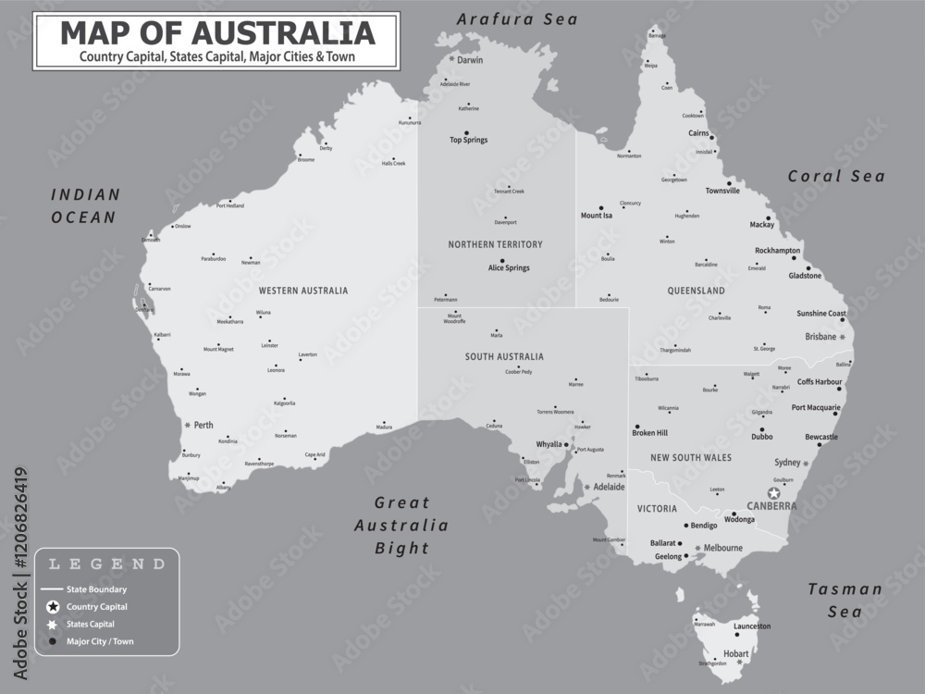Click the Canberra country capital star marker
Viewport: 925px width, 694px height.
click(x=773, y=493)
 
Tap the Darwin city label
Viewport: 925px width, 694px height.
click(x=470, y=60)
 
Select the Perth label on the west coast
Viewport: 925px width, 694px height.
click(x=203, y=426)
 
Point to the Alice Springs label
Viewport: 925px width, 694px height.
click(x=509, y=268)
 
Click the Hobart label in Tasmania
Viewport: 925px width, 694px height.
click(x=736, y=654)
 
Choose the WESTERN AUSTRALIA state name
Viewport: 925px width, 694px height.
click(x=303, y=291)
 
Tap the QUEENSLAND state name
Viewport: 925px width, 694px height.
click(x=696, y=291)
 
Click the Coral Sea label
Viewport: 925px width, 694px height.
click(x=836, y=177)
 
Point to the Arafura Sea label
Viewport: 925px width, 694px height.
click(x=517, y=19)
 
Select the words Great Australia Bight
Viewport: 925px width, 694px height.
click(x=402, y=525)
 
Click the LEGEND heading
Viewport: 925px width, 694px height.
click(x=106, y=564)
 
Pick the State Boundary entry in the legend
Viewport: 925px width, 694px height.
click(x=96, y=589)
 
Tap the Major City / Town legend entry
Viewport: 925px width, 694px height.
click(x=100, y=640)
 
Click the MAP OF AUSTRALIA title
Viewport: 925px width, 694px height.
click(x=217, y=33)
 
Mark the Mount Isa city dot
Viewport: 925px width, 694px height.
click(x=600, y=207)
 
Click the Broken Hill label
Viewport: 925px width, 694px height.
click(x=649, y=433)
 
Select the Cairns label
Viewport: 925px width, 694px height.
click(x=699, y=133)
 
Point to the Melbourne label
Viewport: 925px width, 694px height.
click(x=722, y=548)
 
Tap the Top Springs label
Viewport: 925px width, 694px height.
click(x=468, y=141)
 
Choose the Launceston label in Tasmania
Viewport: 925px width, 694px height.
click(x=751, y=626)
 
